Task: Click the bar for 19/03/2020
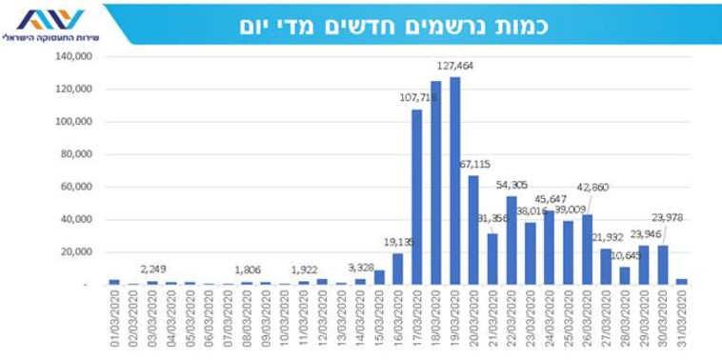(454, 181)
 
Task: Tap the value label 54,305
(512, 184)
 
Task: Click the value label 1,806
(248, 270)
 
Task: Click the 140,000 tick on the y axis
(71, 56)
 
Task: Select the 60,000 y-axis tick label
(74, 187)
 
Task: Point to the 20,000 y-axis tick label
(74, 252)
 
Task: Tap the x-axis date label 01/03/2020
(115, 321)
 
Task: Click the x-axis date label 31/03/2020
(681, 321)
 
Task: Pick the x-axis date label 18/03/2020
(436, 321)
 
